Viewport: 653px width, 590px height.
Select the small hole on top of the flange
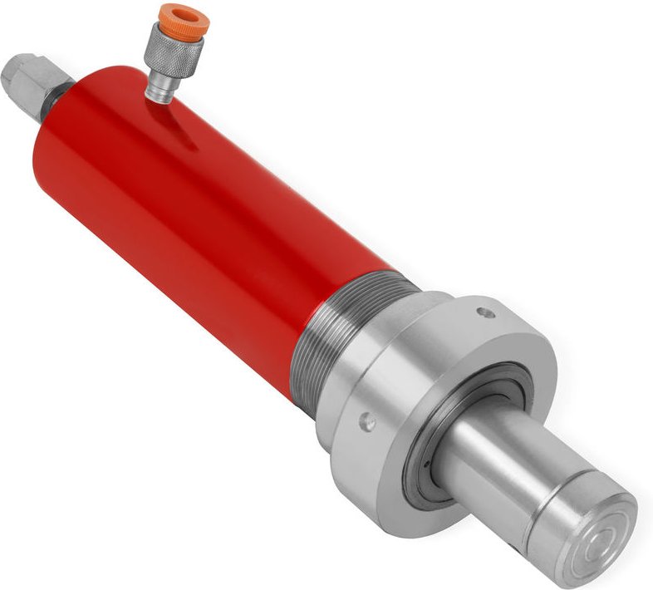pyautogui.click(x=483, y=313)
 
